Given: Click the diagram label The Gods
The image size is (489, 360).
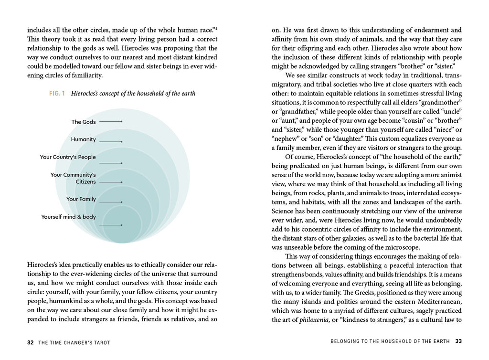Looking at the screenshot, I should tap(84, 122).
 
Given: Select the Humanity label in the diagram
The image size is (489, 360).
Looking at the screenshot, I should tap(84, 139).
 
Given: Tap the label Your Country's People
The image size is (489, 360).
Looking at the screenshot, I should tap(68, 157).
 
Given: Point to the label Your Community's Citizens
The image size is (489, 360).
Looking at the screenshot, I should tap(73, 178).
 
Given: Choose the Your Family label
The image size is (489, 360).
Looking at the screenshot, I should tap(81, 199).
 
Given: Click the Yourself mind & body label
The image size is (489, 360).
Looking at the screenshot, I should tap(68, 217).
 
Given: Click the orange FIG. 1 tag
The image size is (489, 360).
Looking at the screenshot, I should tap(57, 94).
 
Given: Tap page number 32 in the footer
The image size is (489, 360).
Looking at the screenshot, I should tap(31, 342).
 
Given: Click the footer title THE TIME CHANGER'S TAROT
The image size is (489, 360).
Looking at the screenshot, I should tap(74, 342).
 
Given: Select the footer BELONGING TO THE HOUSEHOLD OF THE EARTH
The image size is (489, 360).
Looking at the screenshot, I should tap(391, 341).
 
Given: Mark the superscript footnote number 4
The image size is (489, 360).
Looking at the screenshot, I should tap(216, 28).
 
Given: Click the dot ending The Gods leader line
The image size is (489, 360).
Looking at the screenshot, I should tap(122, 122).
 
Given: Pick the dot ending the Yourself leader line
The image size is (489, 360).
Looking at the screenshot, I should tap(122, 225).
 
